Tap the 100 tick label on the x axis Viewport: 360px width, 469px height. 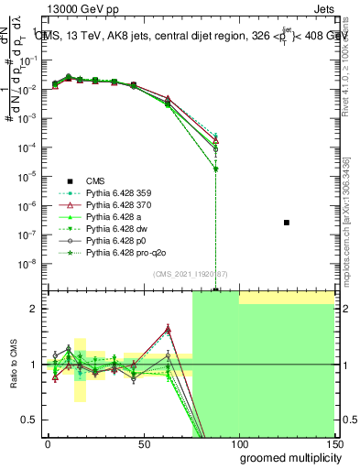coord(239,443)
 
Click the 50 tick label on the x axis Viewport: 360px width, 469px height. coord(144,443)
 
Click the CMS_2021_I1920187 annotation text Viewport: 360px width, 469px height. coord(190,274)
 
